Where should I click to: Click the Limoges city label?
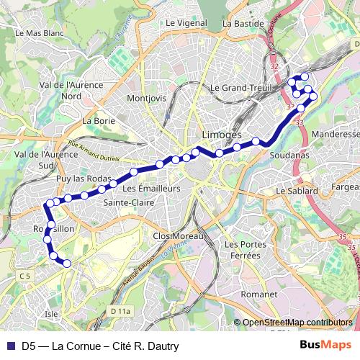(x=218, y=136)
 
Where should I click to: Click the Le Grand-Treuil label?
(x=239, y=88)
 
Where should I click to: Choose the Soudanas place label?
(x=287, y=155)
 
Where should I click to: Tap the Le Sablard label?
(x=297, y=191)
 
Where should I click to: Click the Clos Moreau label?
(x=179, y=235)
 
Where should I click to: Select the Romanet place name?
(x=259, y=294)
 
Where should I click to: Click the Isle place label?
(x=51, y=314)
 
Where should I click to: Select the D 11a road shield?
(x=121, y=311)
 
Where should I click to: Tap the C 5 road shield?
(x=26, y=276)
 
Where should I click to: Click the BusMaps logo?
(x=330, y=345)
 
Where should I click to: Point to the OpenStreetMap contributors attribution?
(x=297, y=323)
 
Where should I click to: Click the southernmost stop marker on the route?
(x=67, y=264)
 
